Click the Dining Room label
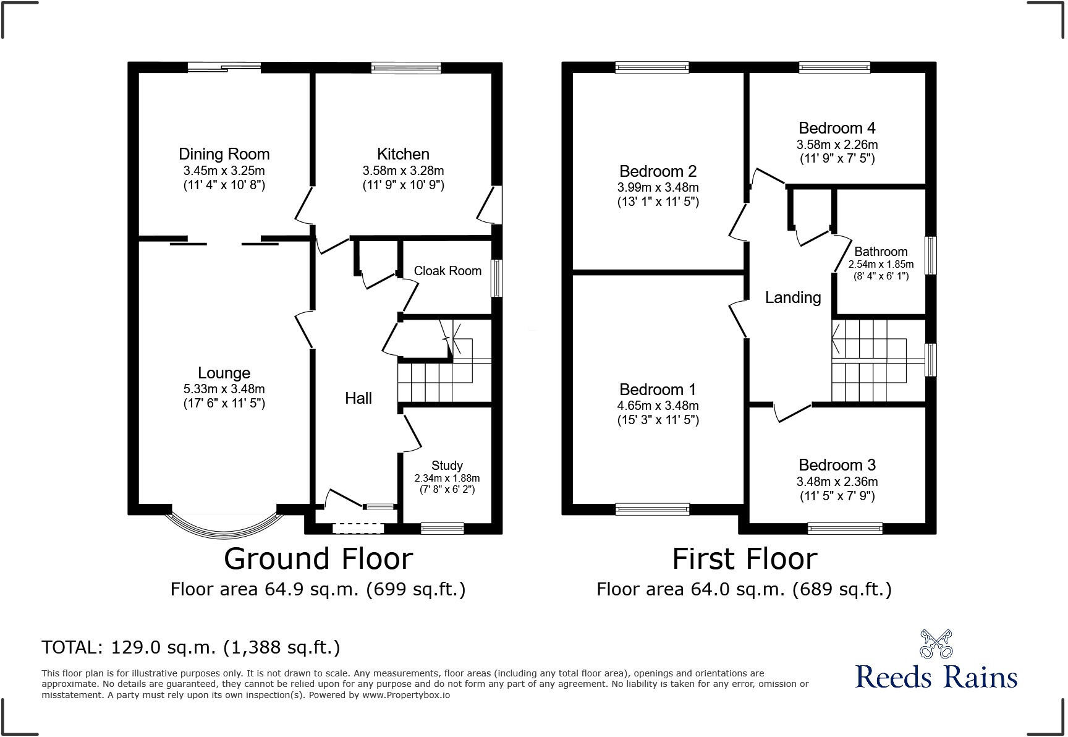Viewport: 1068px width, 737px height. pyautogui.click(x=224, y=154)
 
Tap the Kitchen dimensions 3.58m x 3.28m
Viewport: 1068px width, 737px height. pyautogui.click(x=403, y=171)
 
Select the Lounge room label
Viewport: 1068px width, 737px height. pyautogui.click(x=224, y=373)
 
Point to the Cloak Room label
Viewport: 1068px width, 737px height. pyautogui.click(x=447, y=271)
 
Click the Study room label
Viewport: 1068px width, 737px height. pyautogui.click(x=447, y=466)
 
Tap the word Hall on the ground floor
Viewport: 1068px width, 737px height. pyautogui.click(x=358, y=398)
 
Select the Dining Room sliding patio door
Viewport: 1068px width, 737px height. pyautogui.click(x=224, y=67)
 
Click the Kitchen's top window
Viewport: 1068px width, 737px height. pyautogui.click(x=406, y=68)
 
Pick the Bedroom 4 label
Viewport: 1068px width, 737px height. pyautogui.click(x=837, y=128)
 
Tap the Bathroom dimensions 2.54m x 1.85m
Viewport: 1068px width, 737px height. pyautogui.click(x=881, y=265)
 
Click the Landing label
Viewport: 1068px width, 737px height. pyautogui.click(x=793, y=297)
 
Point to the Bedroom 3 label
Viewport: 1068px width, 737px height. pyautogui.click(x=837, y=465)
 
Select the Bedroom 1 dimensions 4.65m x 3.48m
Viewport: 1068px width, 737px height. pyautogui.click(x=658, y=406)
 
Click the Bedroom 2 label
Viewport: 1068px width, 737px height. pyautogui.click(x=658, y=171)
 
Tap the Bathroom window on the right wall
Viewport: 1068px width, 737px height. pyautogui.click(x=931, y=255)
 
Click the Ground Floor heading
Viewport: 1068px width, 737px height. pyautogui.click(x=318, y=559)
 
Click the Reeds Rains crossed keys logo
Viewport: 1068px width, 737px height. pyautogui.click(x=936, y=644)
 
